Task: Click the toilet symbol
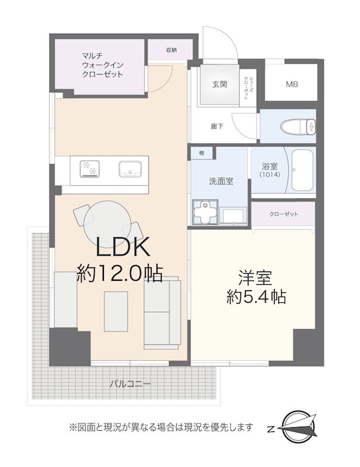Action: pyautogui.click(x=298, y=126)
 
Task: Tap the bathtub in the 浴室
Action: pyautogui.click(x=302, y=170)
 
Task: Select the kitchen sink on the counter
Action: pyautogui.click(x=130, y=169)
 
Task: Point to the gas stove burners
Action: pyautogui.click(x=90, y=169)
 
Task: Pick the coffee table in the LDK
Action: pyautogui.click(x=116, y=311)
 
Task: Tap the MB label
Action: pyautogui.click(x=292, y=84)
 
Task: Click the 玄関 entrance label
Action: pyautogui.click(x=220, y=84)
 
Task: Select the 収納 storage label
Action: pyautogui.click(x=172, y=50)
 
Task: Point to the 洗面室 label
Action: pyautogui.click(x=221, y=181)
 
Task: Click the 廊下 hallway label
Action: pyautogui.click(x=217, y=126)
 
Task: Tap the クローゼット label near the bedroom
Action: pyautogui.click(x=284, y=214)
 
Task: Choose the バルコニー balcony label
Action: pyautogui.click(x=130, y=384)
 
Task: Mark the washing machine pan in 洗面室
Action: pyautogui.click(x=205, y=211)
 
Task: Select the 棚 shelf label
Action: pyautogui.click(x=202, y=154)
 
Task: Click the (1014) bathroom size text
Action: pyautogui.click(x=270, y=175)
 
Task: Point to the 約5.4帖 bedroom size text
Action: pyautogui.click(x=256, y=297)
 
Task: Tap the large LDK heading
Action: pyautogui.click(x=123, y=247)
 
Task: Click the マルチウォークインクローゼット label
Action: pyautogui.click(x=103, y=65)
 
